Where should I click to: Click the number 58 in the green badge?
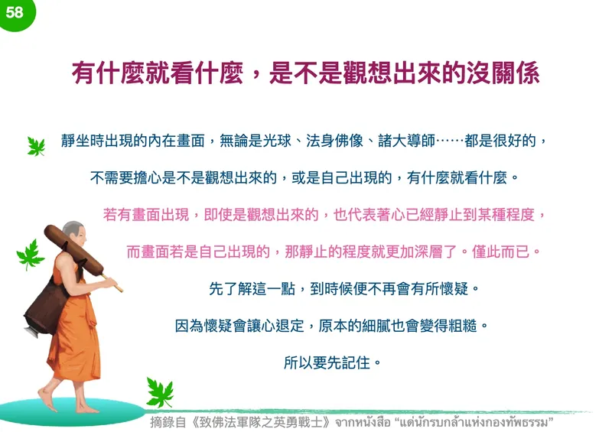pos(15,12)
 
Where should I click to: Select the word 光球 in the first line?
pos(277,141)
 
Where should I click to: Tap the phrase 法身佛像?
pos(335,141)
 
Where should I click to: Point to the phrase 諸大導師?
pos(406,141)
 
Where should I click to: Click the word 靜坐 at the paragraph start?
pos(75,141)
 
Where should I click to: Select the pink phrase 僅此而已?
pos(500,252)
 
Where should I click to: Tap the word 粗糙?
pos(463,326)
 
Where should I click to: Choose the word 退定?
pos(290,326)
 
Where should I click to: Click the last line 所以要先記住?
pos(327,362)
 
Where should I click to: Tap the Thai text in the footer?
pos(444,422)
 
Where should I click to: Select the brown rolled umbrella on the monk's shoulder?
pos(74,250)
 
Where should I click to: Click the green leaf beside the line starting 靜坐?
pos(36,146)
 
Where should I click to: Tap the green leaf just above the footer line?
pos(160,392)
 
